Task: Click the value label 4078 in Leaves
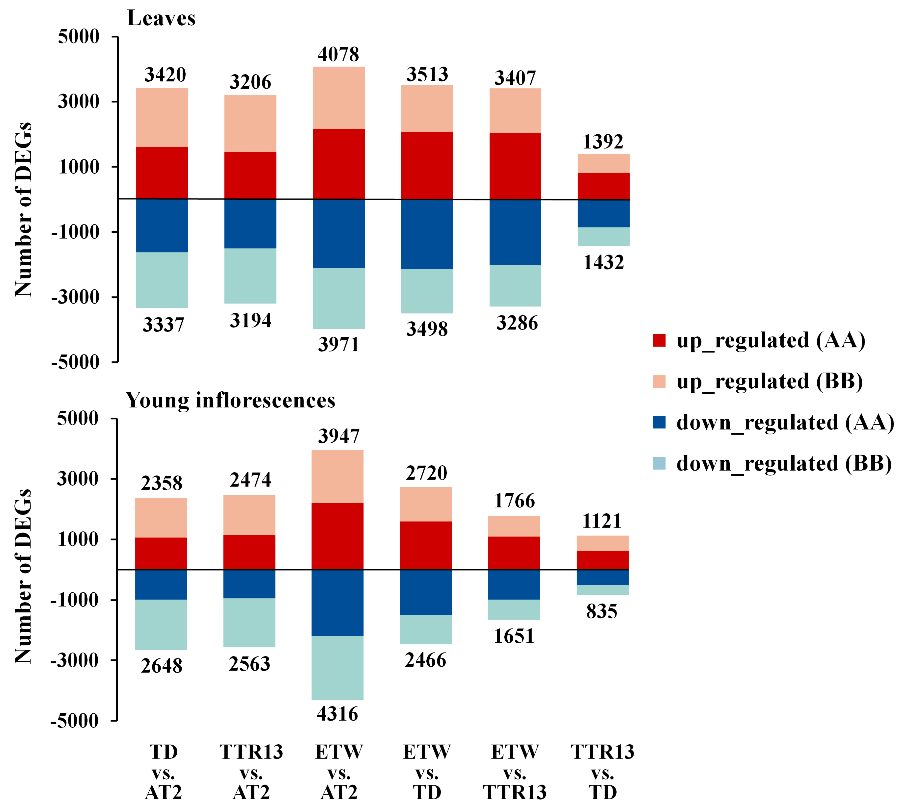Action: [338, 54]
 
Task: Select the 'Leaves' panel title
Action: [161, 18]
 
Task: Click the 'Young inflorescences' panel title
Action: [230, 400]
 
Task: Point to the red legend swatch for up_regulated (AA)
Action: [659, 340]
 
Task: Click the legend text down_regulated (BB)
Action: [784, 464]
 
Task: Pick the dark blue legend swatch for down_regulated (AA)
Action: [659, 422]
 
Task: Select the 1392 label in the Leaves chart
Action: [603, 142]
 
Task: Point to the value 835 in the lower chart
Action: [602, 611]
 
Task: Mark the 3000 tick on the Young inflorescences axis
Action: [77, 479]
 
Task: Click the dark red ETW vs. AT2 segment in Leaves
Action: [339, 164]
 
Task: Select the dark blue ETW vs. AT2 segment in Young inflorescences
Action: [337, 603]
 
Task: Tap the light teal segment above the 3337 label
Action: [162, 280]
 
